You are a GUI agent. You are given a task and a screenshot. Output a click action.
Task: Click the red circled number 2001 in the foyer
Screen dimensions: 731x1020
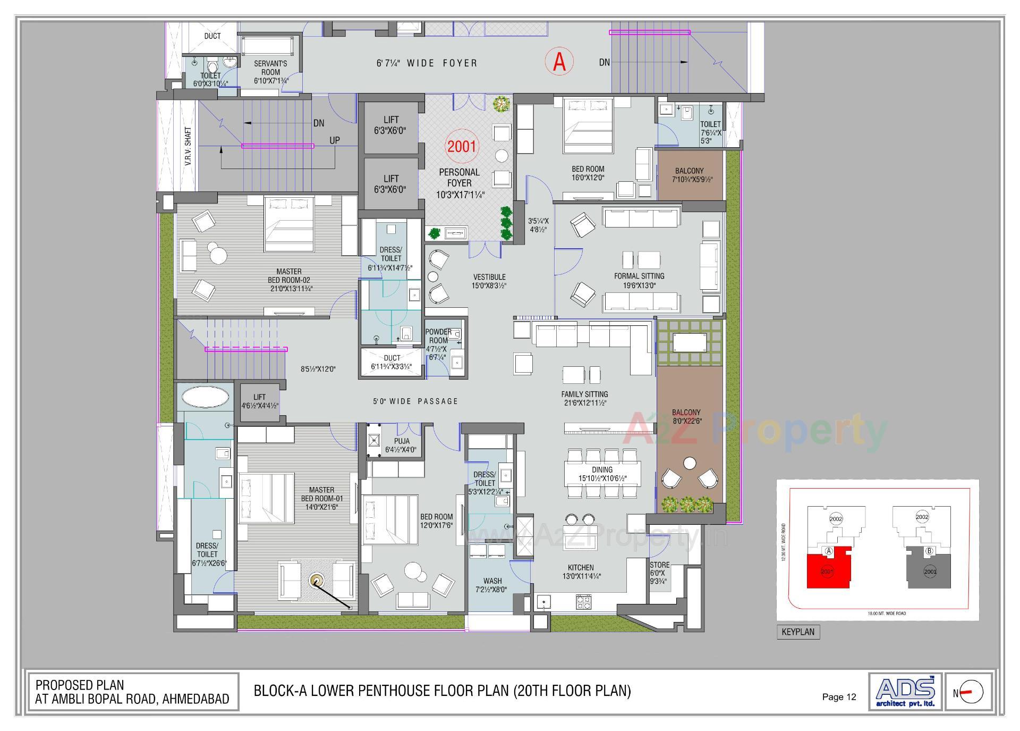click(x=461, y=146)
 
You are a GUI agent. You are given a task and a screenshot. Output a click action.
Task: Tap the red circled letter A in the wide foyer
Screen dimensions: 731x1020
click(x=559, y=62)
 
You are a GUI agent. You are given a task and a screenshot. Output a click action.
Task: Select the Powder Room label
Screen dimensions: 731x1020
click(x=438, y=336)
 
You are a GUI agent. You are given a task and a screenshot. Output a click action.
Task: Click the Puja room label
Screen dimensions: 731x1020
click(x=402, y=441)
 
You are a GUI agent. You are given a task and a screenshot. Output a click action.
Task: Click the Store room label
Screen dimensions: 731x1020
click(x=659, y=565)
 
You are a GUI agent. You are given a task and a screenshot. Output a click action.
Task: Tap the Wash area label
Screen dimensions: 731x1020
click(x=492, y=581)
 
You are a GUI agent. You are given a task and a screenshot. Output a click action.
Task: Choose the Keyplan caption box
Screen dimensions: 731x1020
click(x=797, y=632)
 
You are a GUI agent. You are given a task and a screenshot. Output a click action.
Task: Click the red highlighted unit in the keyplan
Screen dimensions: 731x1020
click(x=827, y=571)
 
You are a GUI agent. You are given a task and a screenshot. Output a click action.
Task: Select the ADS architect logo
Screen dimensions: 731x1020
click(x=905, y=691)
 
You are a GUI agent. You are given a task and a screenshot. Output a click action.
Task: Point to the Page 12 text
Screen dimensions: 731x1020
click(x=839, y=697)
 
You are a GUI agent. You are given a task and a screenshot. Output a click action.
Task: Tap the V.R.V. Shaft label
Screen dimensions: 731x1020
click(x=188, y=146)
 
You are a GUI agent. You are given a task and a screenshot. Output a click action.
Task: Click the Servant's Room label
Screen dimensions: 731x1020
click(x=270, y=68)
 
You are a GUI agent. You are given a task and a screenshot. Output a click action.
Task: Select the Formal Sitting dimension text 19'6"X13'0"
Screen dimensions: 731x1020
click(x=639, y=285)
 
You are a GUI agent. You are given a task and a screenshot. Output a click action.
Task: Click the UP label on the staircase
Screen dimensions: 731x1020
click(x=335, y=140)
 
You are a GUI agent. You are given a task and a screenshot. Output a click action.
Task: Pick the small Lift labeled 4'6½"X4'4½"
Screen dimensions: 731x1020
click(x=260, y=402)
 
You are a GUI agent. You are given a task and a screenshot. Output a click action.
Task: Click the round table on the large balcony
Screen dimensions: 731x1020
click(x=690, y=464)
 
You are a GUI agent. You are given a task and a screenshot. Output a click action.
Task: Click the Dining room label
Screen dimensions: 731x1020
click(x=602, y=469)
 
